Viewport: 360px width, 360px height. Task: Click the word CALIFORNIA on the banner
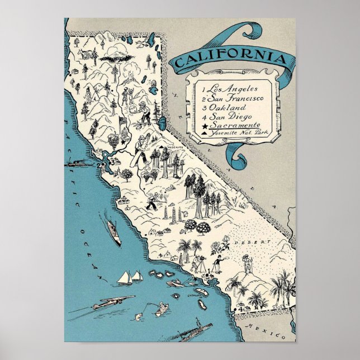click(231, 58)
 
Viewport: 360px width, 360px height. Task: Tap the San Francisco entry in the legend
click(235, 98)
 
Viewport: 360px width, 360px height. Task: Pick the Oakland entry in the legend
click(226, 107)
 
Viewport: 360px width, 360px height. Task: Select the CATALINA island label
click(194, 291)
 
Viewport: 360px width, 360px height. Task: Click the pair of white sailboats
click(130, 277)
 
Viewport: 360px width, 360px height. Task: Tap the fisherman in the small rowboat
click(160, 307)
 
